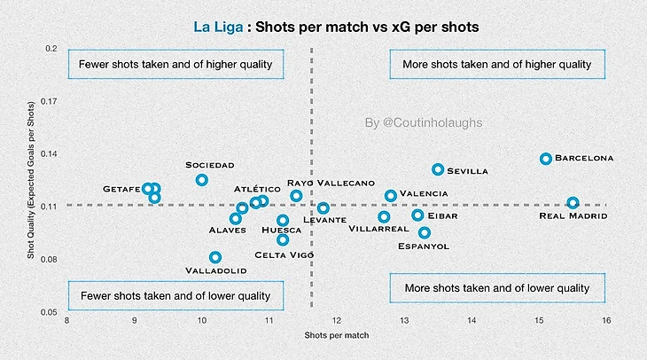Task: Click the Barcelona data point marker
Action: [x=546, y=159]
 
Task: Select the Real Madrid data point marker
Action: [x=573, y=203]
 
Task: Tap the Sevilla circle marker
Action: [x=438, y=169]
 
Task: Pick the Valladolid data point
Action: [x=215, y=257]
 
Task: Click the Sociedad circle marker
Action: [x=202, y=180]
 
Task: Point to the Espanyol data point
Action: [x=425, y=232]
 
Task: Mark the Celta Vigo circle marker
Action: [x=283, y=239]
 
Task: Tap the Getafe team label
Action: [x=121, y=189]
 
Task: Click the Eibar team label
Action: [x=442, y=215]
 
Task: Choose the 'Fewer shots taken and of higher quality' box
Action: [x=175, y=65]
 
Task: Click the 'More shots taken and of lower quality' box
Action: [x=496, y=289]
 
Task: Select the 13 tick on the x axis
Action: [x=404, y=321]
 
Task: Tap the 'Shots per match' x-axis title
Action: [x=337, y=336]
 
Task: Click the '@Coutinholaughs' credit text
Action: [x=424, y=123]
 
